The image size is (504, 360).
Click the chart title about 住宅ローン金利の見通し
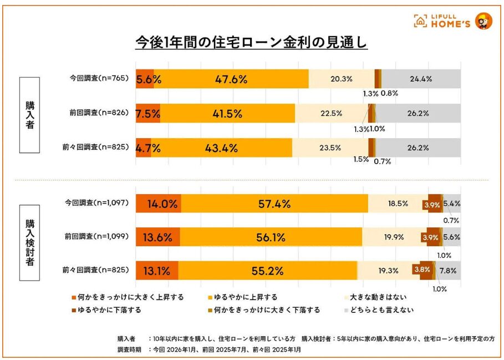tap(252, 43)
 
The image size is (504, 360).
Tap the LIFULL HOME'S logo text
tap(443, 21)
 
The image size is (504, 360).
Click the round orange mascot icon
tap(483, 21)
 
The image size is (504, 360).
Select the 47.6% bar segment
tap(231, 79)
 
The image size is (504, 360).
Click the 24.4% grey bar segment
tap(421, 79)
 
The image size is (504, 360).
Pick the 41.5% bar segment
tap(227, 114)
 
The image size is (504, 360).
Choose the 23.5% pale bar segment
tap(330, 148)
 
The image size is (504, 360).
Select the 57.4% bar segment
tap(274, 204)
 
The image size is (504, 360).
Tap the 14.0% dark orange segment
tap(159, 204)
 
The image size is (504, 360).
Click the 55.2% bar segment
tap(267, 271)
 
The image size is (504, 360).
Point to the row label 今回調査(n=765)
tap(99, 79)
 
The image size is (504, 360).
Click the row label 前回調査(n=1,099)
tap(96, 237)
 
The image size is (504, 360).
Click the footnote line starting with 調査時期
tap(208, 350)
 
